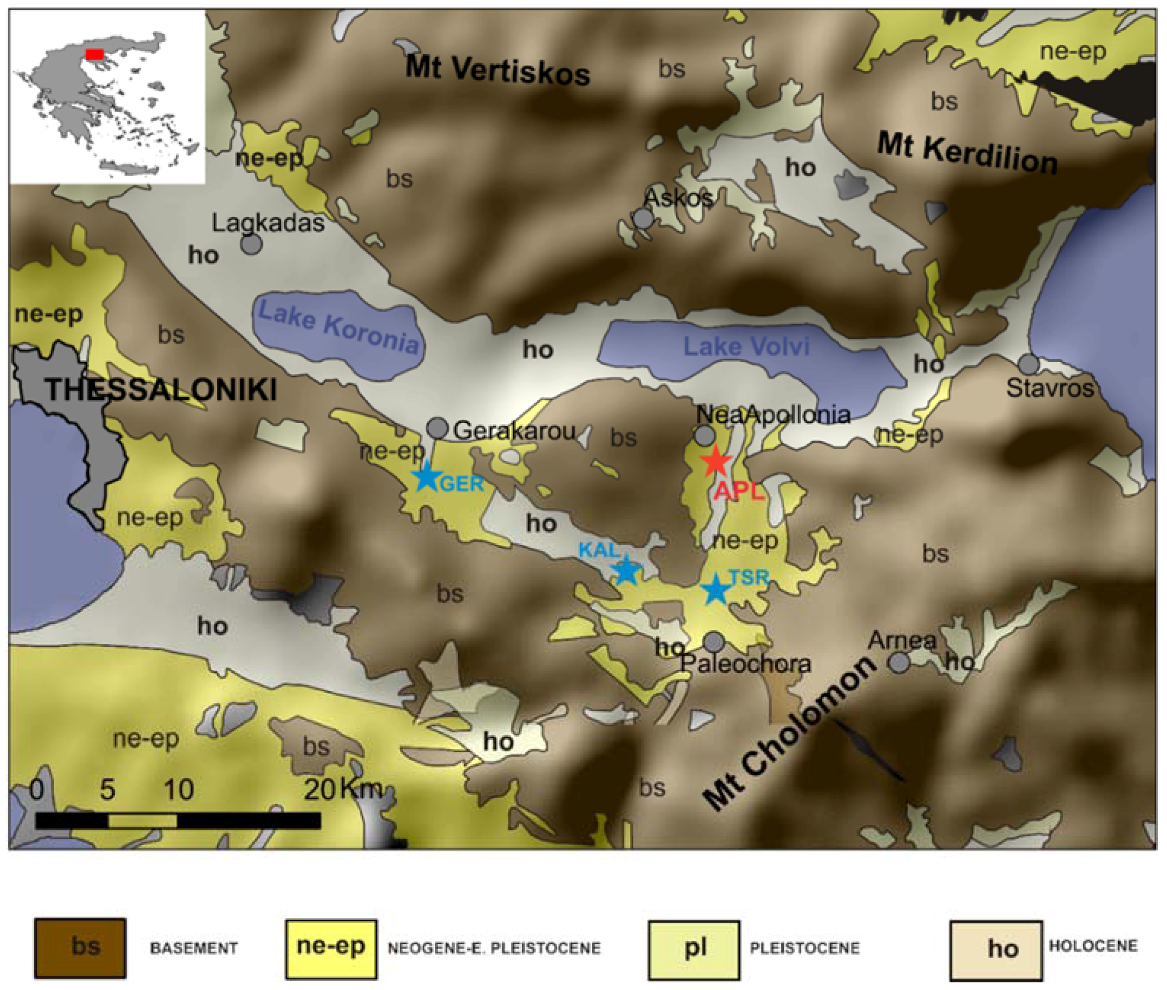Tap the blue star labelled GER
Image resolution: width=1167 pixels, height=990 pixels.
pyautogui.click(x=426, y=477)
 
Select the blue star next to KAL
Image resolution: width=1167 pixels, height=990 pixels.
pyautogui.click(x=626, y=570)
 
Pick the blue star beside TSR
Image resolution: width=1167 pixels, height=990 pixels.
pyautogui.click(x=716, y=590)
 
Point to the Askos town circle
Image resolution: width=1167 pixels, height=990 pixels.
pyautogui.click(x=644, y=218)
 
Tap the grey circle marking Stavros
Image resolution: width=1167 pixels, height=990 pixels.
pyautogui.click(x=1029, y=364)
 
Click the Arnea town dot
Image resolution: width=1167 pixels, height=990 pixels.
pyautogui.click(x=899, y=663)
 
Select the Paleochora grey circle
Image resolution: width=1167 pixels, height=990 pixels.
pyautogui.click(x=713, y=641)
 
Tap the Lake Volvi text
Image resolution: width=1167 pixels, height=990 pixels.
pyautogui.click(x=746, y=346)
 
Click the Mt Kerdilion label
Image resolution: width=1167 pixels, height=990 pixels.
pyautogui.click(x=967, y=152)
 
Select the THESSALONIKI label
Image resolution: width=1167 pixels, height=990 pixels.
pyautogui.click(x=161, y=389)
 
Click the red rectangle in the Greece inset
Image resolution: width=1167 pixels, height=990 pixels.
pyautogui.click(x=94, y=55)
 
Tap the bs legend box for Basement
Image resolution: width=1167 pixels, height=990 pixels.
pyautogui.click(x=80, y=948)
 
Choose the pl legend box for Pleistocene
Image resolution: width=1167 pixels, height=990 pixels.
pyautogui.click(x=694, y=949)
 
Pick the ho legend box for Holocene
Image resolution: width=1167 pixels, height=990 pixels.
pyautogui.click(x=996, y=950)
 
